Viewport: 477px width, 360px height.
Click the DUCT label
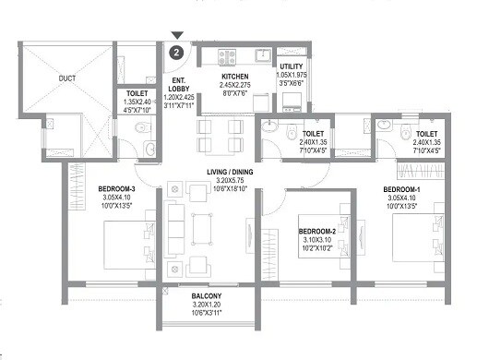(x=66, y=79)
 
